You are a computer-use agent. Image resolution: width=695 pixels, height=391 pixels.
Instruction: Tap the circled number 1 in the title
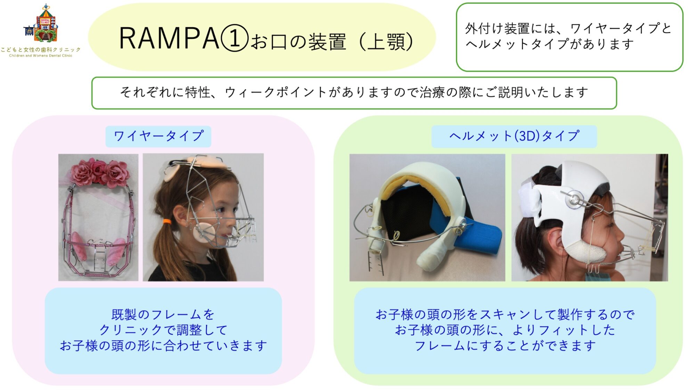[235, 38]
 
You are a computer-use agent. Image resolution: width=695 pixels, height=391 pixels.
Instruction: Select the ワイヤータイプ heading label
[158, 136]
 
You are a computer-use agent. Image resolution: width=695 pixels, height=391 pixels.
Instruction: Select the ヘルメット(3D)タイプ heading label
[514, 136]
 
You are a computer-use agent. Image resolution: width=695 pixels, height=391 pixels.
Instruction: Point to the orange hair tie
[167, 221]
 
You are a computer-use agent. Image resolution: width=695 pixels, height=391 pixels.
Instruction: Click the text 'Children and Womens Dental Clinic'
[41, 56]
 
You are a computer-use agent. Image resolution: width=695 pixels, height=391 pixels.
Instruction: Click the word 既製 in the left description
[124, 315]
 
